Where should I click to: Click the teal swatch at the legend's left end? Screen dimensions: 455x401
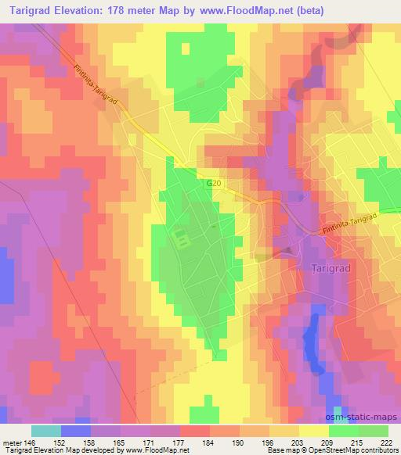coord(46,431)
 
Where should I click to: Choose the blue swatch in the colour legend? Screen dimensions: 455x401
coord(76,431)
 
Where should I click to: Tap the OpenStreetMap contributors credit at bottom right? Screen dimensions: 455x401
coord(338,450)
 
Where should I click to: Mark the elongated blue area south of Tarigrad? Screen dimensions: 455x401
coord(314,344)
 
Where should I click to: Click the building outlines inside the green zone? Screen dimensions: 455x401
coord(181,238)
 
